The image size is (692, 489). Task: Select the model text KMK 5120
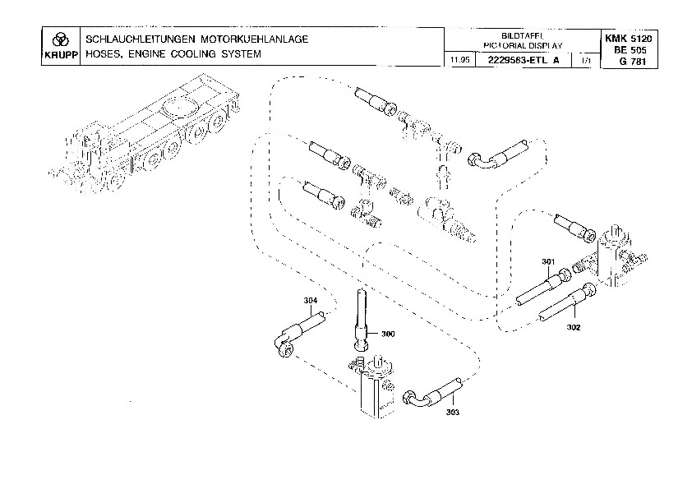(630, 39)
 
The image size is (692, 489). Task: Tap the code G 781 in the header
(630, 61)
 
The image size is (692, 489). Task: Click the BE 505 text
(630, 49)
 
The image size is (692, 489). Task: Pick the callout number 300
(388, 334)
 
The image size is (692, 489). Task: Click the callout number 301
(549, 261)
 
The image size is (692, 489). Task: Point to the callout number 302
(573, 327)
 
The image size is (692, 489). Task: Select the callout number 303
(453, 412)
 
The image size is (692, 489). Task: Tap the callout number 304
(310, 301)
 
